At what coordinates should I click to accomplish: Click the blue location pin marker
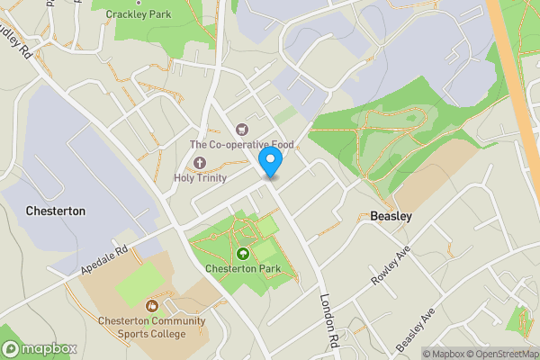[x=271, y=162]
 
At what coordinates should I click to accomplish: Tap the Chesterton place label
[x=55, y=211]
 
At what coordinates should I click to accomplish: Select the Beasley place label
[x=391, y=216]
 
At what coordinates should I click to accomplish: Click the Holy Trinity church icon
[x=199, y=163]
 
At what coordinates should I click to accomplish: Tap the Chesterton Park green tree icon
[x=243, y=254]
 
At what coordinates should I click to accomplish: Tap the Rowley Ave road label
[x=389, y=266]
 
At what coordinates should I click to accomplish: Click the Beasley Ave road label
[x=416, y=329]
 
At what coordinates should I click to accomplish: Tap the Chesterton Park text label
[x=243, y=268]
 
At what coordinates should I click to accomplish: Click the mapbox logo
[x=40, y=348]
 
